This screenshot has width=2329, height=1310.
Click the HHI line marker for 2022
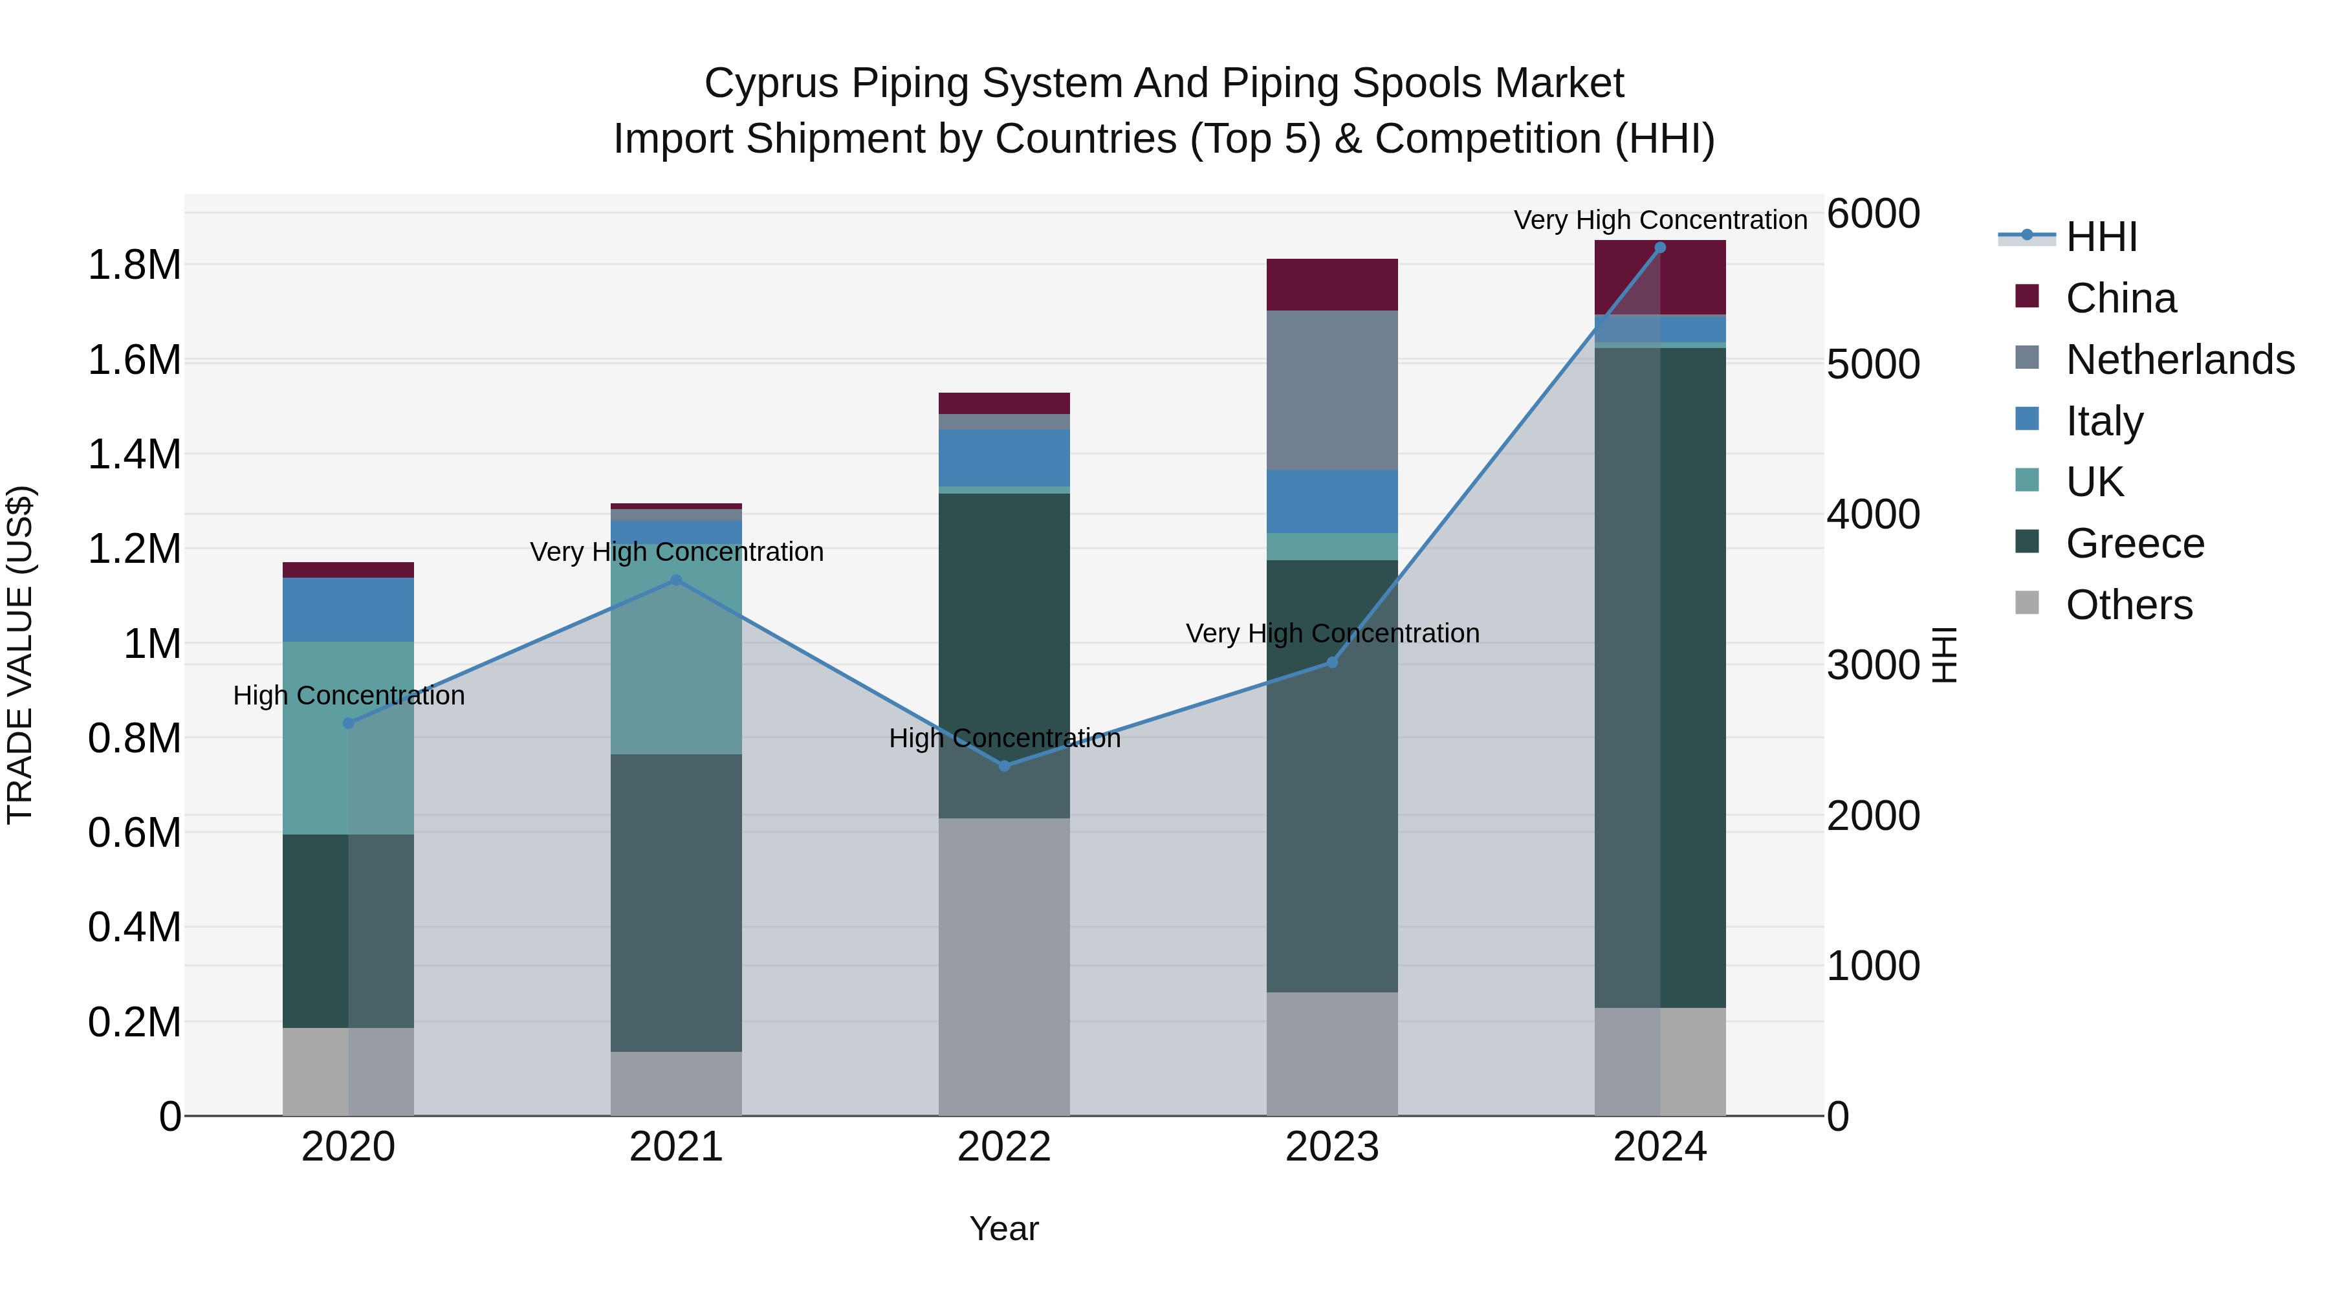[1003, 766]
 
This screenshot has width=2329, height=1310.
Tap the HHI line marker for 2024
[1660, 248]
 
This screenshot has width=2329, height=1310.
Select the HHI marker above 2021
[675, 580]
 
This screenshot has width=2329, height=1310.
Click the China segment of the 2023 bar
[1332, 285]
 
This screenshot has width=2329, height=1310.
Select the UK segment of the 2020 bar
[348, 737]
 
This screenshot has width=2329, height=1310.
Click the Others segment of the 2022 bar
[1003, 967]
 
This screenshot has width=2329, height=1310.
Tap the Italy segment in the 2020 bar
[348, 609]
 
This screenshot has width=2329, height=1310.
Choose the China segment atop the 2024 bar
[1660, 278]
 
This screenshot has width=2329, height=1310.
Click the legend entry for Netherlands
[2179, 360]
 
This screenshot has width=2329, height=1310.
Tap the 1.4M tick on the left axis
[134, 455]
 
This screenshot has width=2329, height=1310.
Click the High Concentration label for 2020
[349, 695]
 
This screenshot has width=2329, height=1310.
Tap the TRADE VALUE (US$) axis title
[20, 655]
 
